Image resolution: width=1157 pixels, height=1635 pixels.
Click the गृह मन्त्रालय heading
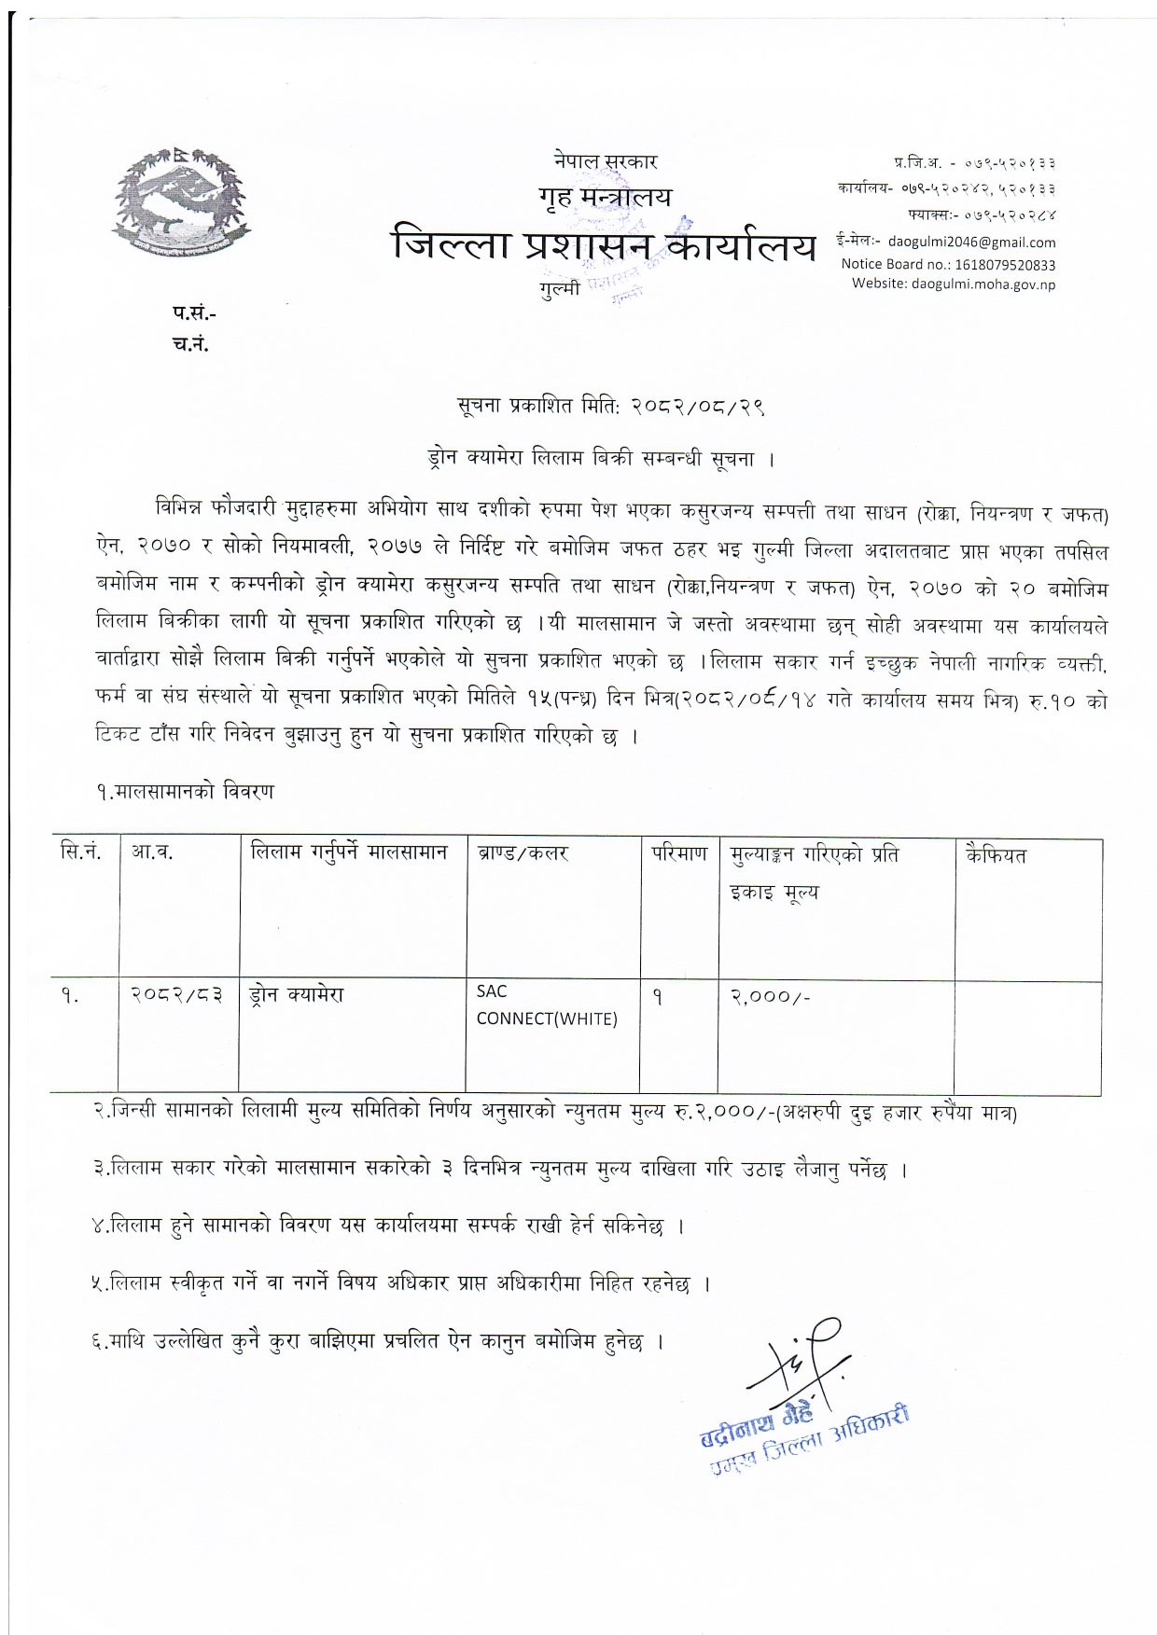pos(604,197)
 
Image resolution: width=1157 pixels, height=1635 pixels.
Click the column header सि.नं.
pos(80,852)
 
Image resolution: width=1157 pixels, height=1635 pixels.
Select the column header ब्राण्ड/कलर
pos(523,852)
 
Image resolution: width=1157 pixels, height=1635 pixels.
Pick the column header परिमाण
pos(679,852)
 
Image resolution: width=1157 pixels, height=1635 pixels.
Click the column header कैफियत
pos(997,854)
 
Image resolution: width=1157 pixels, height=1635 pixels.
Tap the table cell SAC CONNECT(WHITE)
pos(547,1005)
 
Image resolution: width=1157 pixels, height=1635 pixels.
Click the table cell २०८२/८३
pos(177,995)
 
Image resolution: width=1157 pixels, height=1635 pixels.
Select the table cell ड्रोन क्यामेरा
pos(297,995)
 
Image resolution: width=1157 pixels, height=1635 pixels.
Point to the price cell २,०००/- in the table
pos(771,996)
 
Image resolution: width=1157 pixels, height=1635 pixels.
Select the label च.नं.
pos(191,344)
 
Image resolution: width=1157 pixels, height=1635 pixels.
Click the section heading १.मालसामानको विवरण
pos(184,792)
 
